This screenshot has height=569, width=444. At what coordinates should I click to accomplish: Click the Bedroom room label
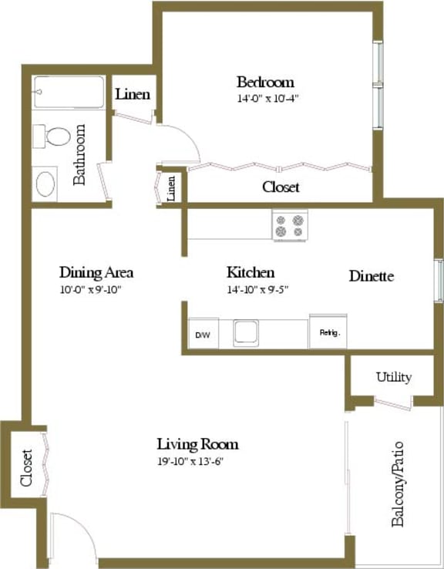(x=265, y=82)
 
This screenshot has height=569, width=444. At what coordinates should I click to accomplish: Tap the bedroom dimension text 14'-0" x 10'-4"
(x=267, y=98)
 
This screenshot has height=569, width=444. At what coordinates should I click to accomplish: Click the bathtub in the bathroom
(x=68, y=93)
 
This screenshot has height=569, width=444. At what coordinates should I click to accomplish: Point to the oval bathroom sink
(x=45, y=185)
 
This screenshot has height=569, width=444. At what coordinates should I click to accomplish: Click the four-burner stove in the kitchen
(x=290, y=224)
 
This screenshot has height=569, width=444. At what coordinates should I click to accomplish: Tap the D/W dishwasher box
(x=202, y=335)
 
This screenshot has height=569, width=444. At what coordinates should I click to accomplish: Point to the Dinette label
(x=372, y=276)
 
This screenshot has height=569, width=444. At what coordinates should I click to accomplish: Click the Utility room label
(x=393, y=377)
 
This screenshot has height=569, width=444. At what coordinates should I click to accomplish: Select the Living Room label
(x=197, y=444)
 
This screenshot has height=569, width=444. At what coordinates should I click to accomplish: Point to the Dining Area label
(x=96, y=272)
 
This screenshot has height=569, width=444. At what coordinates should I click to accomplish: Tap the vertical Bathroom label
(x=80, y=155)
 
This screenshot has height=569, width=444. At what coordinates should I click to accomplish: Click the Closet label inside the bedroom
(x=281, y=187)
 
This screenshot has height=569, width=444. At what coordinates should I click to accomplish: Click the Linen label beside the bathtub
(x=133, y=95)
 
